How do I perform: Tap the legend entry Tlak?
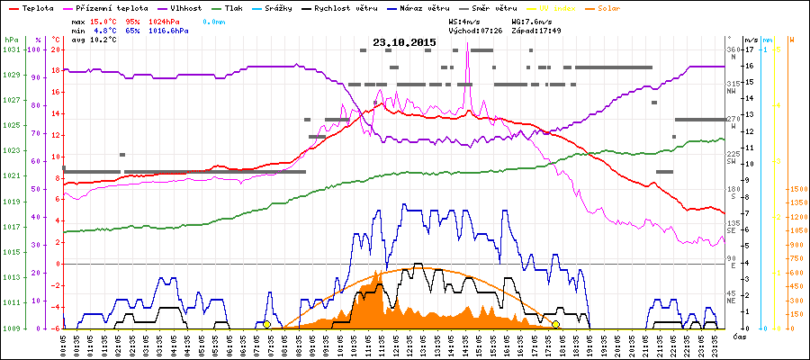point(233,7)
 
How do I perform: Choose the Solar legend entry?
point(608,7)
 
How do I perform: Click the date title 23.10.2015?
point(404,42)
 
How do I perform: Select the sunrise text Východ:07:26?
point(474,31)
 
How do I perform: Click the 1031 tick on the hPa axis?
point(11,49)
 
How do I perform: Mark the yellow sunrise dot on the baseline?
point(266,324)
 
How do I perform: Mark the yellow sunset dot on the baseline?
point(556,324)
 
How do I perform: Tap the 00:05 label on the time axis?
point(62,346)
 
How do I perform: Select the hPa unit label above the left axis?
point(11,40)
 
